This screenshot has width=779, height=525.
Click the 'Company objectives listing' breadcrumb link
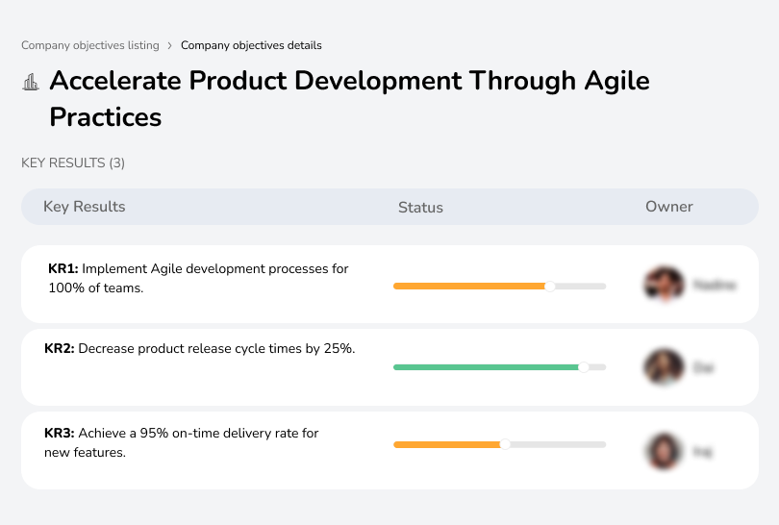coord(90,45)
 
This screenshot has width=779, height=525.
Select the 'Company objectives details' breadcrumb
coord(251,45)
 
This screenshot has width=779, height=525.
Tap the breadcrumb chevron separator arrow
coord(170,45)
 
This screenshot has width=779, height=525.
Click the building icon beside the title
coord(31,83)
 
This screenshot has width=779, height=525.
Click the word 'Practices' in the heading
coord(106,117)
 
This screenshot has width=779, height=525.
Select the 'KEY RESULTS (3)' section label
coord(73,163)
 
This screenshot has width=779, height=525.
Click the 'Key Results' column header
coord(85,207)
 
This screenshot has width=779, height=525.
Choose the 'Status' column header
coord(420,207)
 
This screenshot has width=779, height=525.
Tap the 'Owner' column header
coord(669,207)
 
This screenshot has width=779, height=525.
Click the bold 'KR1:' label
coord(63,269)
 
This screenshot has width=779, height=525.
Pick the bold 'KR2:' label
coord(60,349)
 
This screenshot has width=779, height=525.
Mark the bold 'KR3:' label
coord(60,434)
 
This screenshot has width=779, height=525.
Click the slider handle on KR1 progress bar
coord(550,286)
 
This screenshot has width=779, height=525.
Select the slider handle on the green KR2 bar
coord(583,367)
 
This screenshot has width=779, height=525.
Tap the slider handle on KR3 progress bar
coord(505,444)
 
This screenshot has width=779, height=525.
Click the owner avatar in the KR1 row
coord(663,285)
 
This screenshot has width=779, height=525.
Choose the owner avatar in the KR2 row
coord(663,367)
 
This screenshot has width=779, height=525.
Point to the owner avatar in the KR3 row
coord(663,450)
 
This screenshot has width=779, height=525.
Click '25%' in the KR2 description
coord(339,349)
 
